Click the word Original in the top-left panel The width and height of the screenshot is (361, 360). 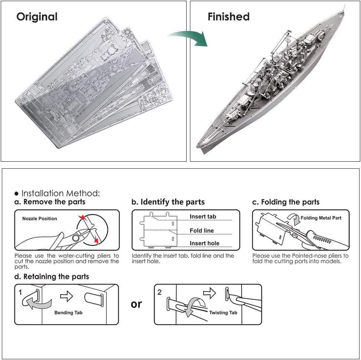[37, 17]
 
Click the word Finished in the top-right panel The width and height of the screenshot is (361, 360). [228, 17]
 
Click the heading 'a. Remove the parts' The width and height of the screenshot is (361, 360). [50, 202]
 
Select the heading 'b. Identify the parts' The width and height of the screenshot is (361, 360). [168, 202]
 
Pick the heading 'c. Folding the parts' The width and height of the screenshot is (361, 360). [285, 202]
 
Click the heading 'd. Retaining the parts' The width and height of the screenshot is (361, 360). [52, 277]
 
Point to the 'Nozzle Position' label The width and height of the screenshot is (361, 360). [39, 219]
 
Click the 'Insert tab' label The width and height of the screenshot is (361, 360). [203, 217]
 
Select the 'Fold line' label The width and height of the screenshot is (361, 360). [201, 231]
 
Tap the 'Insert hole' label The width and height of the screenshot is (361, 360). [204, 243]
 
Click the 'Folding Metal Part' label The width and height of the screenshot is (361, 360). [321, 218]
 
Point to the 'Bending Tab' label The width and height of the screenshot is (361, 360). [68, 313]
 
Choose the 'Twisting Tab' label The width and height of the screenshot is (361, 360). [223, 313]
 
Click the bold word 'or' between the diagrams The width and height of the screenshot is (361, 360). [136, 304]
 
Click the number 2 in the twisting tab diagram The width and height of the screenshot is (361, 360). [160, 292]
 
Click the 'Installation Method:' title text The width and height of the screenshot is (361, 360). [60, 193]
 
